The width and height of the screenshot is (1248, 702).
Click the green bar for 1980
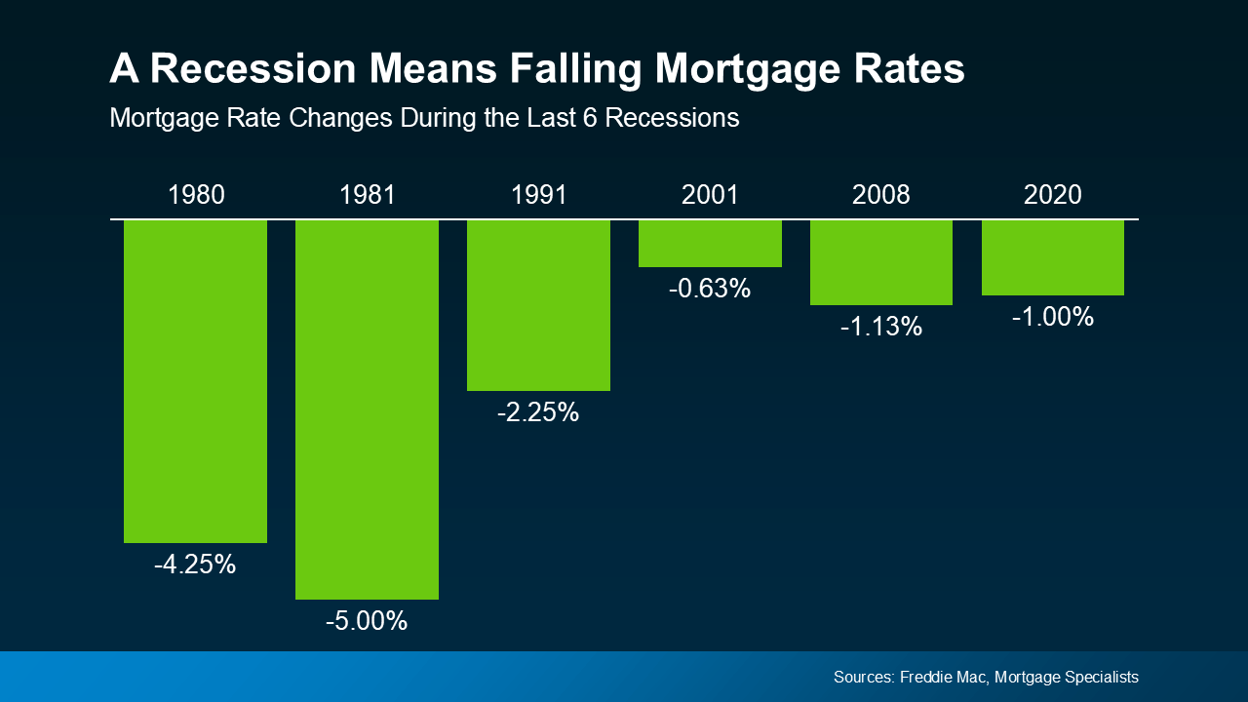[x=195, y=380]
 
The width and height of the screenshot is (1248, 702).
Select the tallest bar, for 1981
[x=367, y=409]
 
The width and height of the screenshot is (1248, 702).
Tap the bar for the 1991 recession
[x=538, y=305]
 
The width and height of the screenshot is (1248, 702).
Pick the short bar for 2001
[x=710, y=243]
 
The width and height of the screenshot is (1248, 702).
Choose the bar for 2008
[x=881, y=262]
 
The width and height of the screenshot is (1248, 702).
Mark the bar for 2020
[x=1053, y=257]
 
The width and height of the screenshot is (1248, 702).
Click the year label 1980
[x=196, y=194]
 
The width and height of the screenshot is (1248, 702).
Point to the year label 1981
[x=368, y=194]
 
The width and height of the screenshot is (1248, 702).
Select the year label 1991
[x=538, y=194]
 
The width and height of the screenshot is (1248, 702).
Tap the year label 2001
[x=710, y=194]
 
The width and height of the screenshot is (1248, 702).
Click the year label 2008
[x=881, y=194]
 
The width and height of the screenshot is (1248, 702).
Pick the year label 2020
[x=1053, y=194]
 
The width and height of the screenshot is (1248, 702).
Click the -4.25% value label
[x=195, y=565]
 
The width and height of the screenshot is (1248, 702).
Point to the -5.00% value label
[x=367, y=621]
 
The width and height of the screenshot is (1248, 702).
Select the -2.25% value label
[x=538, y=413]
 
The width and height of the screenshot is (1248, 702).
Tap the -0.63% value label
[x=710, y=289]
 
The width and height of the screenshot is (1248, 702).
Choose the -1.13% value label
[x=881, y=328]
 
